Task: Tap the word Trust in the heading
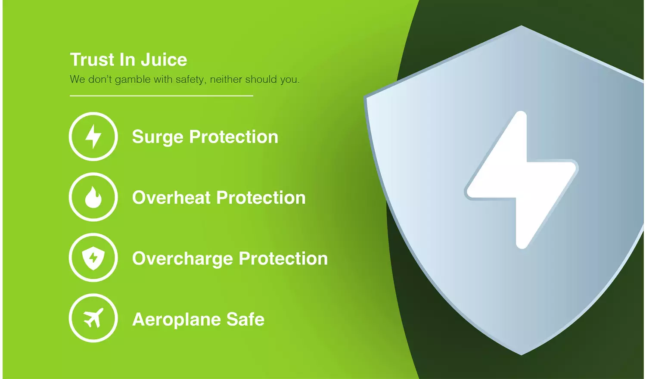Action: click(93, 60)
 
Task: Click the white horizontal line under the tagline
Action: click(161, 96)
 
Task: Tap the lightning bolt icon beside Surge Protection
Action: click(93, 137)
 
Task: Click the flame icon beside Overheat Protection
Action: click(93, 197)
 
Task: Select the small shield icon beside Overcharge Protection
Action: click(93, 258)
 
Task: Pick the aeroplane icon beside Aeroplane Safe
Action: click(93, 318)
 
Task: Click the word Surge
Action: click(158, 137)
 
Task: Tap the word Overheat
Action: click(171, 198)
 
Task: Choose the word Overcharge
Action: click(183, 259)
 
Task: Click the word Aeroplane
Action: click(177, 320)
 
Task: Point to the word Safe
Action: click(245, 320)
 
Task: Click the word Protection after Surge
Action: click(234, 137)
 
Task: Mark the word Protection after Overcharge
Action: click(283, 259)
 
